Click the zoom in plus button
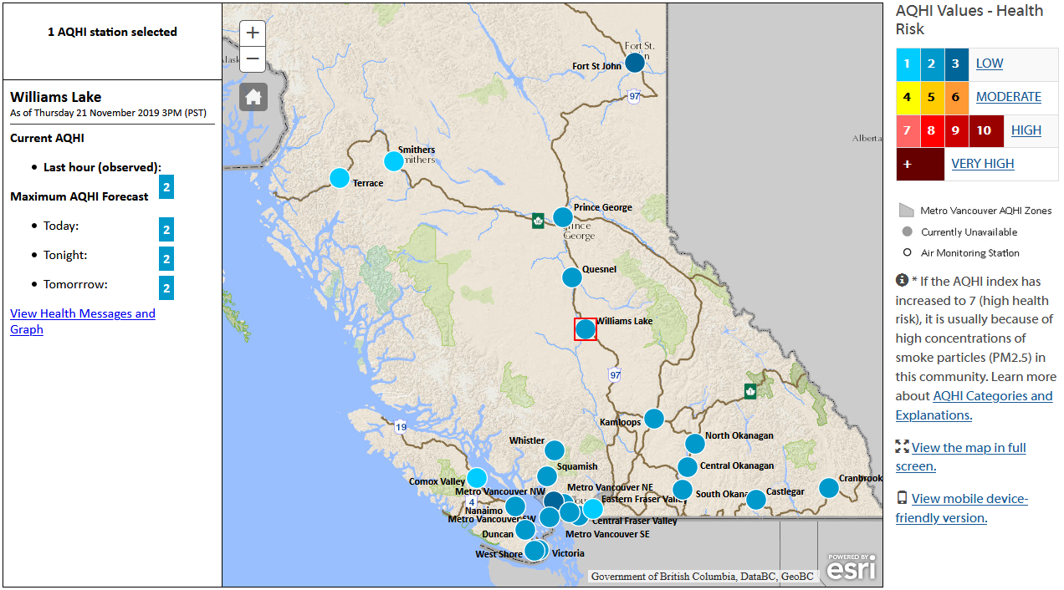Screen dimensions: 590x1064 (253, 33)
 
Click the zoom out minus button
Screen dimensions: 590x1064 (253, 59)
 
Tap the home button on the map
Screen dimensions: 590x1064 (253, 97)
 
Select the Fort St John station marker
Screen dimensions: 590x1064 (635, 62)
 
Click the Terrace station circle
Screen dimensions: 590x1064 (339, 178)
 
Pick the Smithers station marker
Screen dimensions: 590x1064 (393, 161)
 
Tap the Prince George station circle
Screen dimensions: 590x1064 (563, 217)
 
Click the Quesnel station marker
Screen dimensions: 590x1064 (572, 277)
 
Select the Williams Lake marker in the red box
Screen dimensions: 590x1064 (586, 329)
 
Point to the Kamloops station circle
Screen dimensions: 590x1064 (654, 418)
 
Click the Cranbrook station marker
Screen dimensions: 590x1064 (829, 488)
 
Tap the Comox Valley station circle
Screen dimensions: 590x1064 (477, 478)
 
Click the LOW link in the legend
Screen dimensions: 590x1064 (990, 64)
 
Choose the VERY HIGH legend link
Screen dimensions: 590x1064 (983, 164)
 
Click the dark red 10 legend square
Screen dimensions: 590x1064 (984, 130)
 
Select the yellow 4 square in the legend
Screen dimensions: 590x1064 (908, 97)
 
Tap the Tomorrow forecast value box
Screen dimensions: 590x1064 (166, 288)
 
